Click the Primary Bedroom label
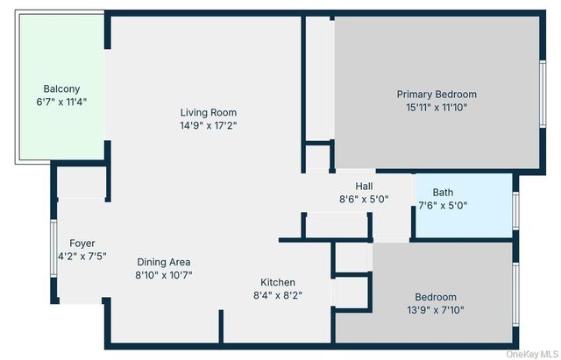click(x=436, y=94)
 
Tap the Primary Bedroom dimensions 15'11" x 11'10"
click(x=436, y=108)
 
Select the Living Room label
click(x=209, y=112)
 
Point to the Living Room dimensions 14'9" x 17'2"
click(x=209, y=125)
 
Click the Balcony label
click(x=61, y=88)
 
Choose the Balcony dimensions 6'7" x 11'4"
click(x=61, y=102)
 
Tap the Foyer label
click(x=82, y=243)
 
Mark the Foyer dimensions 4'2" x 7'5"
click(x=82, y=257)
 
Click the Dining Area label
click(x=164, y=261)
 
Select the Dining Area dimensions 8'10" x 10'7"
click(x=164, y=275)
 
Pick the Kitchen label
click(x=278, y=282)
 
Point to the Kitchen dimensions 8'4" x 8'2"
click(x=278, y=295)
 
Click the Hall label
click(x=364, y=186)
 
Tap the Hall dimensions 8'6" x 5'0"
click(x=364, y=199)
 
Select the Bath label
click(x=443, y=192)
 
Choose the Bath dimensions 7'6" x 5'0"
click(x=443, y=206)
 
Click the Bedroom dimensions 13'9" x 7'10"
click(x=436, y=311)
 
